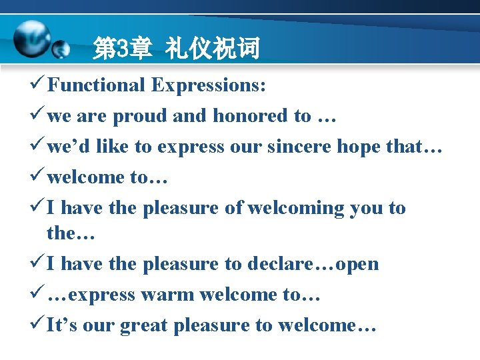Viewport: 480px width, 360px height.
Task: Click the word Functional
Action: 96,85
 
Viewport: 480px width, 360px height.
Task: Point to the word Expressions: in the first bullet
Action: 208,85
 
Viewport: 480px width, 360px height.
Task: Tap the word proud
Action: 140,116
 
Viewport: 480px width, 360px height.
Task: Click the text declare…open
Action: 313,264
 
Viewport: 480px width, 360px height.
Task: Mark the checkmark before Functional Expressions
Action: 37,85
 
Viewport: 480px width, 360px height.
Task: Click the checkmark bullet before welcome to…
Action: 37,177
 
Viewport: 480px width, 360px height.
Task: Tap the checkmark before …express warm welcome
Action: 37,295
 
